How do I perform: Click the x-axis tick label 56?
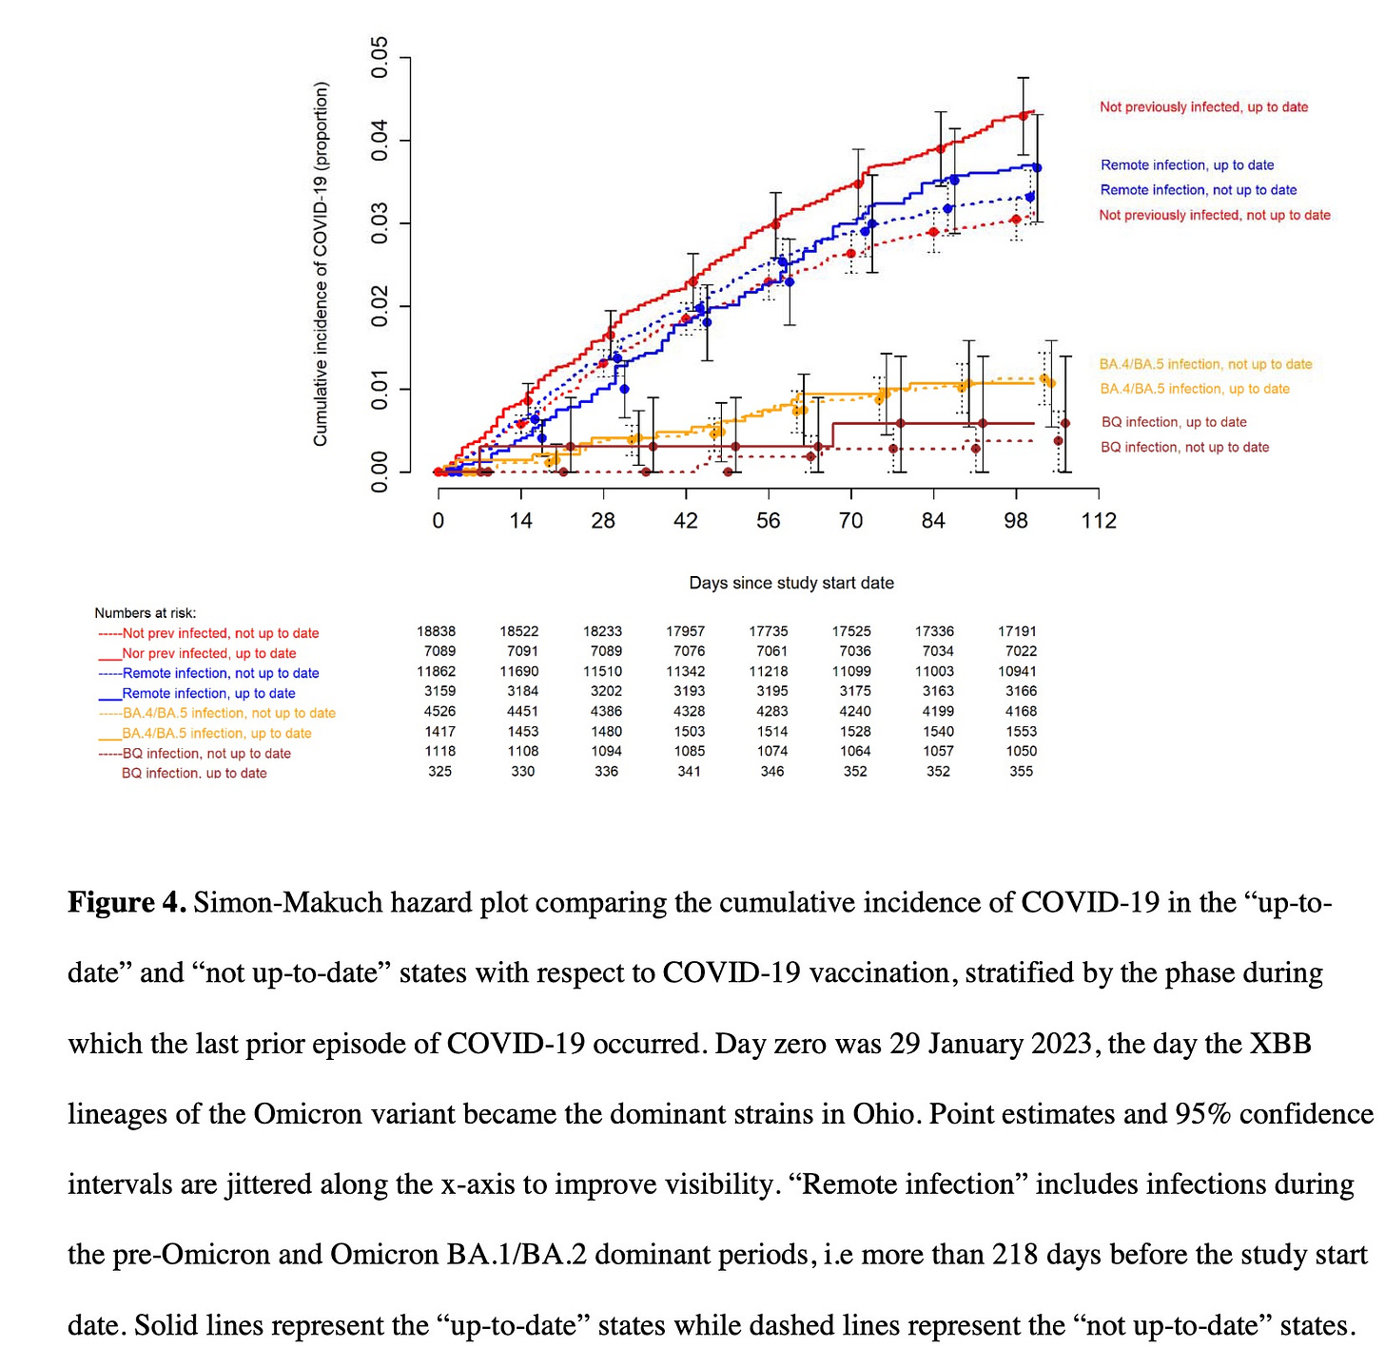click(x=768, y=520)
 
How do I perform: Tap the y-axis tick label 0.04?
click(x=379, y=141)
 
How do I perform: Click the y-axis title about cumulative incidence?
click(x=321, y=263)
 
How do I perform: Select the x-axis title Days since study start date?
click(x=790, y=583)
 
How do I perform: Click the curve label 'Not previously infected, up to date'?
click(x=1203, y=107)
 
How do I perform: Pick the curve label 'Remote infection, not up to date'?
click(x=1199, y=190)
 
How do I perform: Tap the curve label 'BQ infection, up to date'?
click(x=1174, y=422)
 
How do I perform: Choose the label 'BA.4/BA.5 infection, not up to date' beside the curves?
click(x=1205, y=364)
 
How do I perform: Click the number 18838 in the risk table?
click(x=436, y=631)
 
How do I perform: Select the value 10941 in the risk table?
click(x=1017, y=671)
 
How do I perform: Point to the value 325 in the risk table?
click(x=439, y=771)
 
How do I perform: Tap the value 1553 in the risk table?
click(x=1021, y=731)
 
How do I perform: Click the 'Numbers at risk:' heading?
click(x=146, y=613)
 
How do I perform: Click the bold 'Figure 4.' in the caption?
click(x=127, y=901)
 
